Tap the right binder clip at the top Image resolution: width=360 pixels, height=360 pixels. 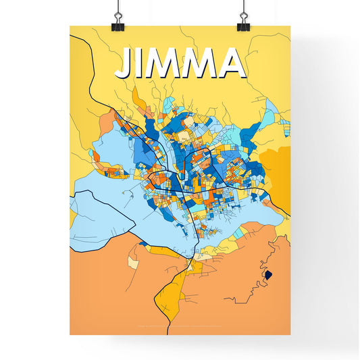pos(242,20)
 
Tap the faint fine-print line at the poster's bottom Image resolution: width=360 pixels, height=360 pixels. pos(180,328)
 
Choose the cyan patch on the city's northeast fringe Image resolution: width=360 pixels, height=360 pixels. pos(270,111)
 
